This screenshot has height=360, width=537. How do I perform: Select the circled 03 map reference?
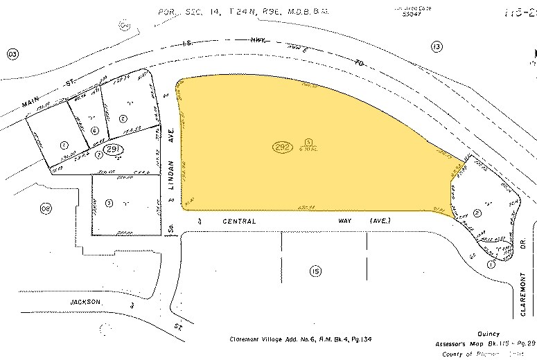(x=11, y=53)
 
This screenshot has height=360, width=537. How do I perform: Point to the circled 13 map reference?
(x=436, y=46)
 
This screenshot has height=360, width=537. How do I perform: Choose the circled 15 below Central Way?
(x=316, y=271)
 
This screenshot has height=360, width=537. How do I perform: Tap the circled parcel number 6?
(x=95, y=130)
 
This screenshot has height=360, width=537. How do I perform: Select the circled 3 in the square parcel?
(x=109, y=203)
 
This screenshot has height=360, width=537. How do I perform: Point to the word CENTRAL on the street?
(x=239, y=221)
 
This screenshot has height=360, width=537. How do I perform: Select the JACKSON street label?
(x=86, y=303)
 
